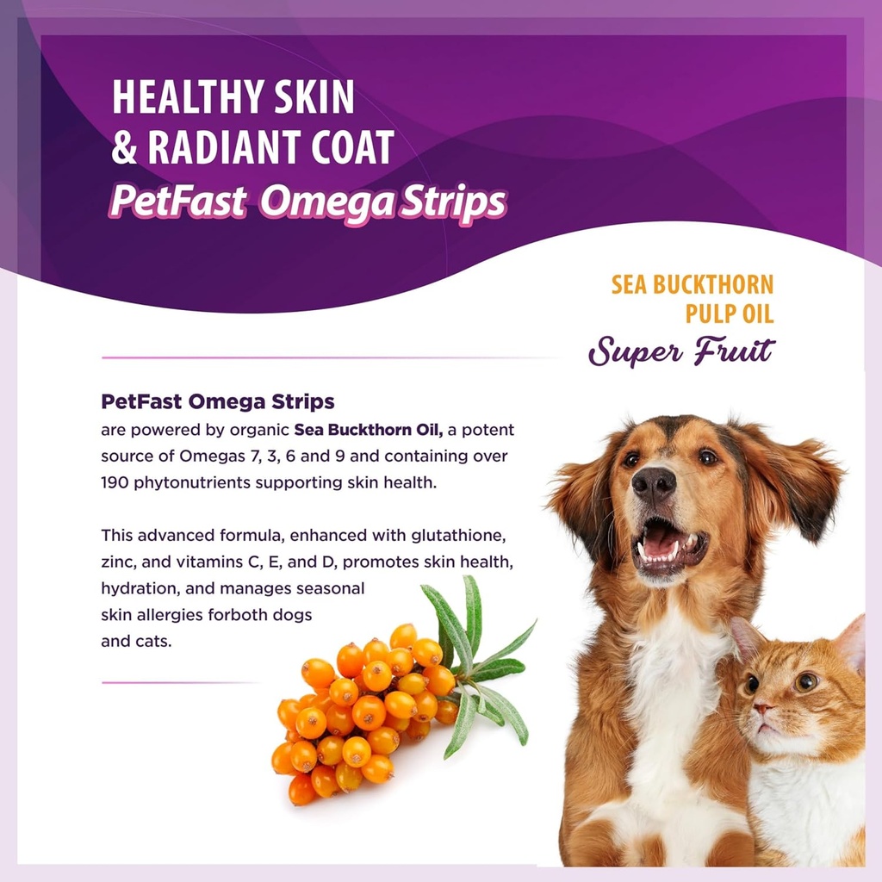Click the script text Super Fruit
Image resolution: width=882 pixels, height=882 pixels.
pos(681,351)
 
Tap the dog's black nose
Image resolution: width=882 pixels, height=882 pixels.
pos(655,484)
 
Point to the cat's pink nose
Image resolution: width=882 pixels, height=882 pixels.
pos(762,709)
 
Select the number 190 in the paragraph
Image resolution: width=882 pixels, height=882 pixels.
pos(115,481)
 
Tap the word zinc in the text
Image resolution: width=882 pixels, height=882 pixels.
pos(116,562)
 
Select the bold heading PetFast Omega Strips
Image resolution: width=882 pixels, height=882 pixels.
pos(218,401)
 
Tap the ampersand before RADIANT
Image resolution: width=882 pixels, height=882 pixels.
pos(125,148)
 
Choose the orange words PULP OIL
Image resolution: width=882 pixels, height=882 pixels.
pos(729,313)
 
